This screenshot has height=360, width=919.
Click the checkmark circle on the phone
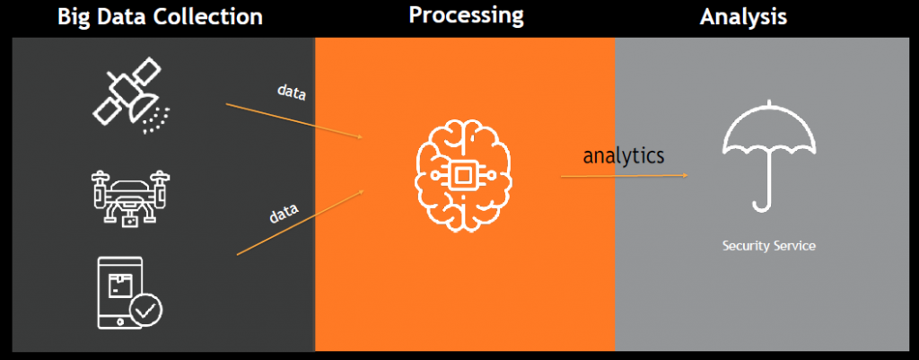click(144, 310)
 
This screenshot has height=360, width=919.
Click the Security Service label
click(769, 245)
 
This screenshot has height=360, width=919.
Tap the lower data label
click(284, 215)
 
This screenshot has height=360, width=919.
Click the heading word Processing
click(466, 15)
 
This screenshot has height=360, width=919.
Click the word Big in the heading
click(76, 16)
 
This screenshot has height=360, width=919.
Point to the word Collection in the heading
click(210, 16)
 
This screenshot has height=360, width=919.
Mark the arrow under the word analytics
click(624, 176)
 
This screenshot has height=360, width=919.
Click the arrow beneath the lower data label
click(301, 222)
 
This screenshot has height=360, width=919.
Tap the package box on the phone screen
click(118, 285)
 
